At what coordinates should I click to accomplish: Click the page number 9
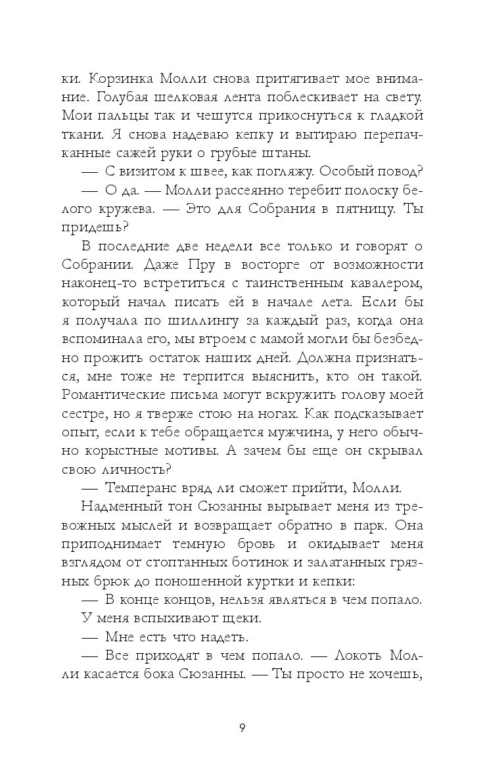(242, 727)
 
